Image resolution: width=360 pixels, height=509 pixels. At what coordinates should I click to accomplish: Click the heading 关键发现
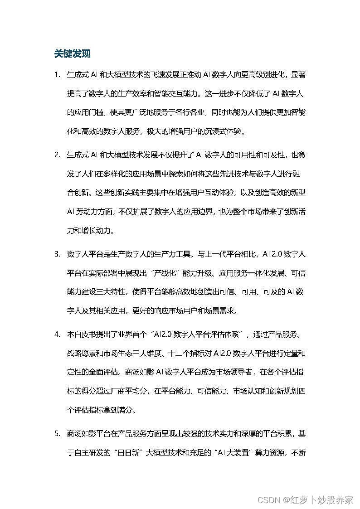coord(72,53)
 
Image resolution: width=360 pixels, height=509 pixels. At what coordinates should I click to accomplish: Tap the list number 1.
coord(57,74)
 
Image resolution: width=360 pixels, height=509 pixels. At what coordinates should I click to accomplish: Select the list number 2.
coord(57,155)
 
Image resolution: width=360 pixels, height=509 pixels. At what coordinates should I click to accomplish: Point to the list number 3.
coord(57,254)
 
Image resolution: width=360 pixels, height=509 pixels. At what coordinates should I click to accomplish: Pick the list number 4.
coord(57,334)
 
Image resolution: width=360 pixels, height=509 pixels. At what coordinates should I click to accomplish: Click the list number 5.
coord(57,433)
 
